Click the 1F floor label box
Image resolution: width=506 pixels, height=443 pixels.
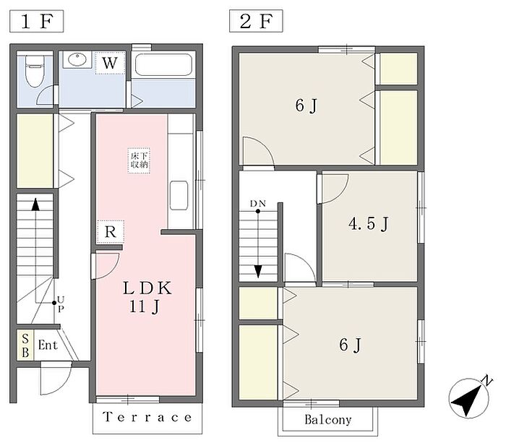point(36,21)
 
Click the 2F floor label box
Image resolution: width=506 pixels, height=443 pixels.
point(256,21)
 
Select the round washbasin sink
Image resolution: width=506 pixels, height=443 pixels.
point(77,60)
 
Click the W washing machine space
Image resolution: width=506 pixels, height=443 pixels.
point(110,63)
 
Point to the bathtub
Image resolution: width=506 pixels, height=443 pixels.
point(163,64)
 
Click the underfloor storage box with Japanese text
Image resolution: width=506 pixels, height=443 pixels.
point(139,160)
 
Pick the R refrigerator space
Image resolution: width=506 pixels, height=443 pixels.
point(111,232)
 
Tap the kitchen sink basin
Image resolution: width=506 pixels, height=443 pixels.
point(179,196)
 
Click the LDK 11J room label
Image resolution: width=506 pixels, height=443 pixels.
point(147,297)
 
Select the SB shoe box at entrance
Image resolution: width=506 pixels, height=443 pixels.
point(25,345)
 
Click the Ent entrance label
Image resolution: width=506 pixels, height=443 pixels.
point(48,345)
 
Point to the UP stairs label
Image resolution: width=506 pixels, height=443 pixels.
point(60,304)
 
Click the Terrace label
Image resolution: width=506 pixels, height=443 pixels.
point(147,418)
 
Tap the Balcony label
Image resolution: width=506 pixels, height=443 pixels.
point(328,419)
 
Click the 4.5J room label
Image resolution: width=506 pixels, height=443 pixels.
point(369,223)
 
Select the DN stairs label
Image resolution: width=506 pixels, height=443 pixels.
point(258,204)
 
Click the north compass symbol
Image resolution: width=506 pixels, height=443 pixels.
point(470,397)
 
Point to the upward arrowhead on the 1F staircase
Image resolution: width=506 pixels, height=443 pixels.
point(35,205)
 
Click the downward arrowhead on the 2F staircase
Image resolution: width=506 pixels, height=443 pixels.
point(258,271)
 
